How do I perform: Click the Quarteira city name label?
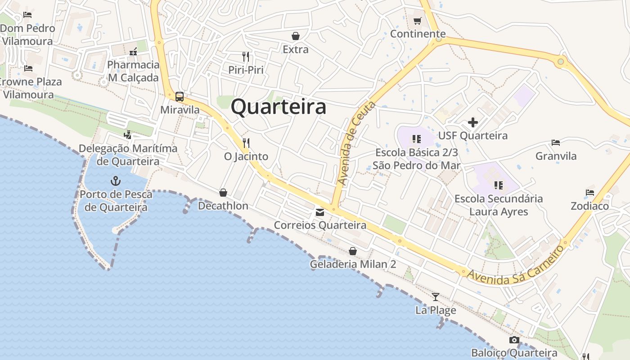coord(279,107)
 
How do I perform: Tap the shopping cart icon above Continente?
coord(418,21)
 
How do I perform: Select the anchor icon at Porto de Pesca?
coord(116,181)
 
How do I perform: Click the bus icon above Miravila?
coord(180,96)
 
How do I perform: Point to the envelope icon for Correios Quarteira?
coord(319,212)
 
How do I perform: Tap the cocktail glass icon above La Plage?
coord(435,297)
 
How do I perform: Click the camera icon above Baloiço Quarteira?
coord(514,340)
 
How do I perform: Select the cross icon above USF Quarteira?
coord(472,122)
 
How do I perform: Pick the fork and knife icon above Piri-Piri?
coord(246,57)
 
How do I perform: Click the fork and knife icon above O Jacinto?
coord(246,143)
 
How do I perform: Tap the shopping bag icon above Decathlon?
coord(223,193)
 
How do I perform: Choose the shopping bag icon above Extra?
coord(296,36)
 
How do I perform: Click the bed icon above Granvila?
coord(556,143)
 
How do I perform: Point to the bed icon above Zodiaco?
coord(590,193)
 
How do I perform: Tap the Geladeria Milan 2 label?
coord(353,264)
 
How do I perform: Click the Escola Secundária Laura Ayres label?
coord(499,205)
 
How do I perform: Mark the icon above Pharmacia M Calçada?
coord(133,52)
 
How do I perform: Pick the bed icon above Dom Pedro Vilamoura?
coord(27,14)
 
